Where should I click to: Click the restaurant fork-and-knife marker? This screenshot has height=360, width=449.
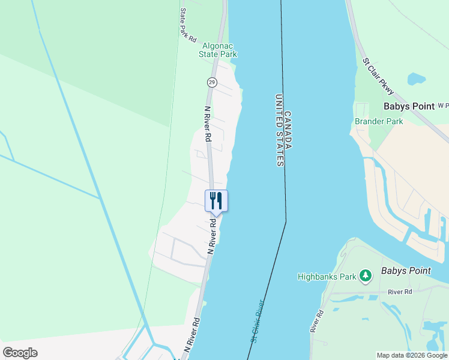pyautogui.click(x=216, y=200)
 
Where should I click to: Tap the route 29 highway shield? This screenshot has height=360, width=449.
pyautogui.click(x=212, y=82)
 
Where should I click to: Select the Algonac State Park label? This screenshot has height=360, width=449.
pyautogui.click(x=218, y=50)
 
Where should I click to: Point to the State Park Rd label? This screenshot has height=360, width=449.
pyautogui.click(x=187, y=25)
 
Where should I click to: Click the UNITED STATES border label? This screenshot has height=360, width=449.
pyautogui.click(x=279, y=130)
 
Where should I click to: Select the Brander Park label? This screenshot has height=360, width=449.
pyautogui.click(x=379, y=121)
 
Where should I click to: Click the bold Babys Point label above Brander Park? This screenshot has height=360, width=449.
pyautogui.click(x=409, y=106)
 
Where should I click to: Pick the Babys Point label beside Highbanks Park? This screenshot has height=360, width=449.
pyautogui.click(x=405, y=271)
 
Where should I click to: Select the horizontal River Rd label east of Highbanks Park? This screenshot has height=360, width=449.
pyautogui.click(x=400, y=292)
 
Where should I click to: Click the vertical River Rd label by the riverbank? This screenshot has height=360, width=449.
pyautogui.click(x=317, y=322)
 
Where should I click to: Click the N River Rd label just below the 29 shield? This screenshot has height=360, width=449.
pyautogui.click(x=207, y=124)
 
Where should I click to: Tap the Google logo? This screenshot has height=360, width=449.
pyautogui.click(x=20, y=353)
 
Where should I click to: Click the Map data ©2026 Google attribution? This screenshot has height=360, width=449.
pyautogui.click(x=412, y=355)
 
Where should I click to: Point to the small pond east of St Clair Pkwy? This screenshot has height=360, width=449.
pyautogui.click(x=416, y=79)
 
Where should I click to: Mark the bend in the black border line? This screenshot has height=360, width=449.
pyautogui.click(x=286, y=221)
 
